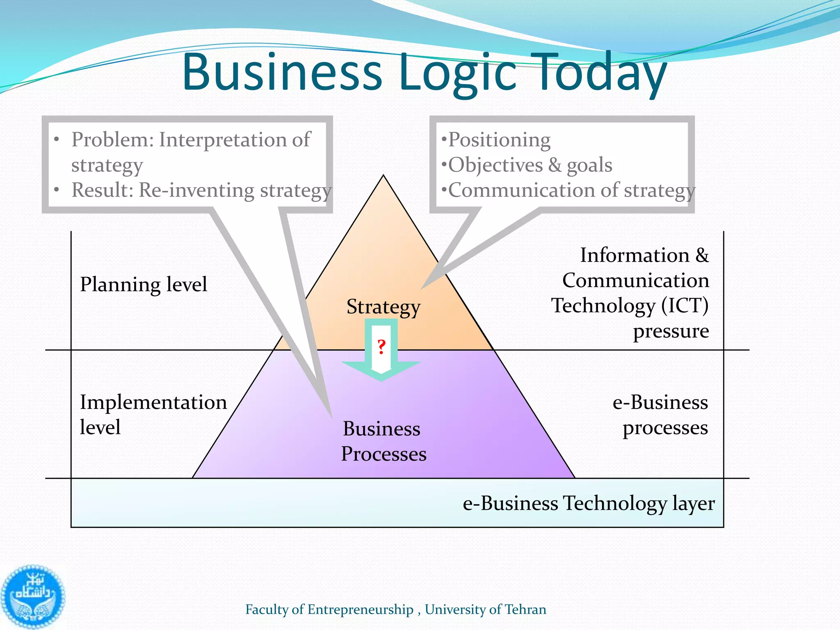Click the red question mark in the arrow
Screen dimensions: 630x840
381,347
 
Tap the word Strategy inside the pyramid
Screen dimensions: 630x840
383,307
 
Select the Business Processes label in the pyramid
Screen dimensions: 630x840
383,441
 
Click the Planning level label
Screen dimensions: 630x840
144,284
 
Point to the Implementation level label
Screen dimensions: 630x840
153,414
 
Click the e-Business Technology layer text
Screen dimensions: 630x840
589,503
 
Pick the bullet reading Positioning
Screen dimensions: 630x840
499,140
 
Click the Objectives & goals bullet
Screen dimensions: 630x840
530,165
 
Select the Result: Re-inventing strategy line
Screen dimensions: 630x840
201,190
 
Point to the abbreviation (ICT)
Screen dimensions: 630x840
685,306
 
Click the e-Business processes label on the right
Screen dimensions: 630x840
660,415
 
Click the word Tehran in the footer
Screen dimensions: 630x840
525,609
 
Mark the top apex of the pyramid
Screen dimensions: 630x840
383,176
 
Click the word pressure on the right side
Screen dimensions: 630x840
671,331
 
